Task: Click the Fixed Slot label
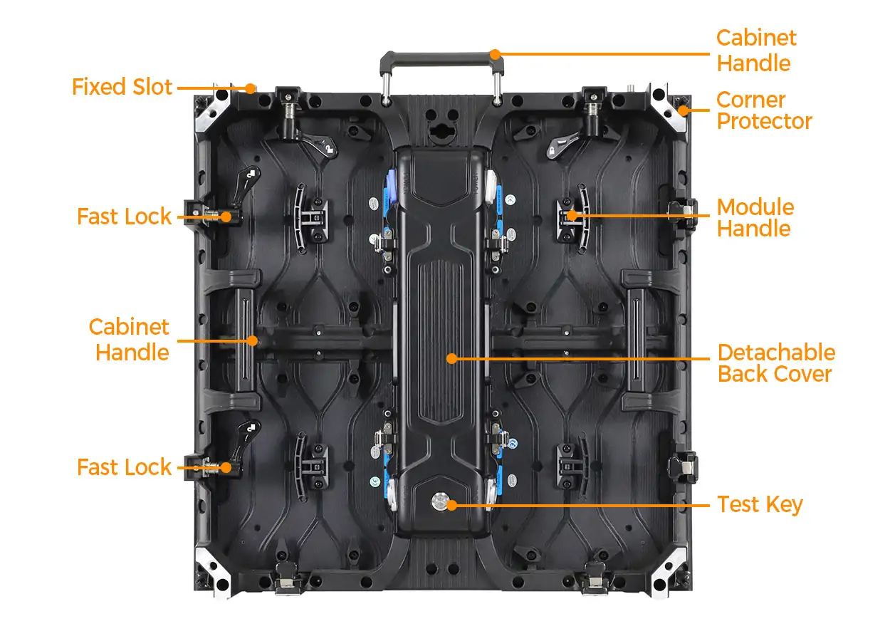click(122, 87)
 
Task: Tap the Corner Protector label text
click(764, 110)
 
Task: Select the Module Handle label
click(755, 218)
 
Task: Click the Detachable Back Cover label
click(776, 363)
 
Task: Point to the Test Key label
click(760, 505)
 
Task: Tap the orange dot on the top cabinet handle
click(495, 54)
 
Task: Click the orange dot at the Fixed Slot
click(250, 88)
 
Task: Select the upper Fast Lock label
click(124, 217)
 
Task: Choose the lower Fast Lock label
click(124, 467)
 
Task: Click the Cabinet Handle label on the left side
click(129, 340)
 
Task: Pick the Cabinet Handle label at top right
click(756, 51)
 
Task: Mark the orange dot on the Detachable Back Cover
click(451, 358)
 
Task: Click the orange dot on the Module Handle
click(572, 215)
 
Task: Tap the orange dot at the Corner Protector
click(683, 110)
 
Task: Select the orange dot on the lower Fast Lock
click(226, 468)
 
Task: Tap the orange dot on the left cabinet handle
click(252, 340)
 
